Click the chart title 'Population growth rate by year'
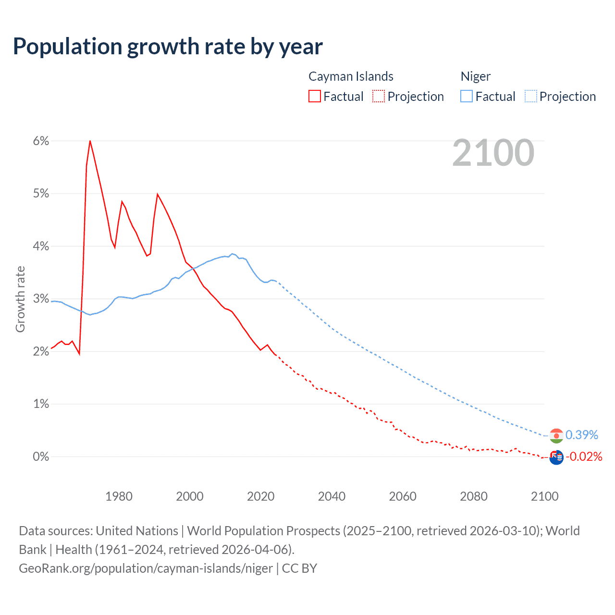click(x=168, y=47)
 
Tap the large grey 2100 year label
click(x=493, y=153)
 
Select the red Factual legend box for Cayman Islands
click(x=315, y=96)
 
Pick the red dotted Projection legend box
click(x=379, y=96)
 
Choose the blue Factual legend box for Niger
click(x=467, y=96)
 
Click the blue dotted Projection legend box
click(x=531, y=96)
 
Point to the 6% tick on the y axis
click(x=41, y=141)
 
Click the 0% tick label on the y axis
click(x=41, y=456)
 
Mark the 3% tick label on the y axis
click(x=41, y=299)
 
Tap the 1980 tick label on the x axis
click(x=119, y=496)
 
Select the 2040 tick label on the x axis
click(x=332, y=496)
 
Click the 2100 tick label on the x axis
click(x=544, y=496)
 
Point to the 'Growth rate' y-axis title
click(x=20, y=299)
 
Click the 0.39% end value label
click(x=582, y=435)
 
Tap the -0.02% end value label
click(x=584, y=456)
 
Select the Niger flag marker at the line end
click(x=556, y=436)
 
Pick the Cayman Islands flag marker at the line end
click(x=556, y=457)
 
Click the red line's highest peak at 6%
click(x=90, y=141)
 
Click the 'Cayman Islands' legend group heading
click(x=351, y=76)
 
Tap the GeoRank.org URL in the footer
click(x=146, y=568)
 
